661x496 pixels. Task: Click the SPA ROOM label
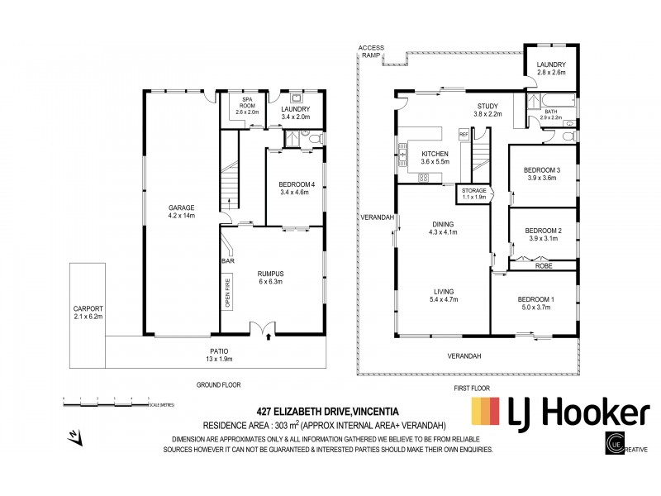(228, 107)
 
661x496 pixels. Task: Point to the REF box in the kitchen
(464, 134)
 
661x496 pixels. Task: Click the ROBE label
(543, 266)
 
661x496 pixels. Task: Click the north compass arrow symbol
(75, 435)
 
